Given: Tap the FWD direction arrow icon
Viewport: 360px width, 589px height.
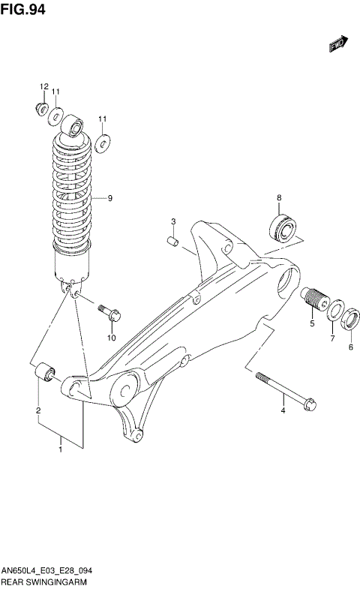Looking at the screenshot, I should [339, 47].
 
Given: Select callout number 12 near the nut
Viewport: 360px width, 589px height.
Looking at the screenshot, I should [43, 86].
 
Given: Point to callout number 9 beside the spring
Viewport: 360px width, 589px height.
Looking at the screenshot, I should [109, 198].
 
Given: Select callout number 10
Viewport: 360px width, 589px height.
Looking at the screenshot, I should [111, 338].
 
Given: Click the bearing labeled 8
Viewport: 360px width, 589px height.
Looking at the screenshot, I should [282, 227].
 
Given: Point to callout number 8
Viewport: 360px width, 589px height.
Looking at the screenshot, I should [278, 197].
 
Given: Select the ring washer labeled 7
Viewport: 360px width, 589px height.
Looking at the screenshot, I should [333, 313].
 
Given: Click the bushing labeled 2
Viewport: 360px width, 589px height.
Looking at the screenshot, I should [44, 371].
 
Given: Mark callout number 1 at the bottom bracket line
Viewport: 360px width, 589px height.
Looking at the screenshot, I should [61, 449].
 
